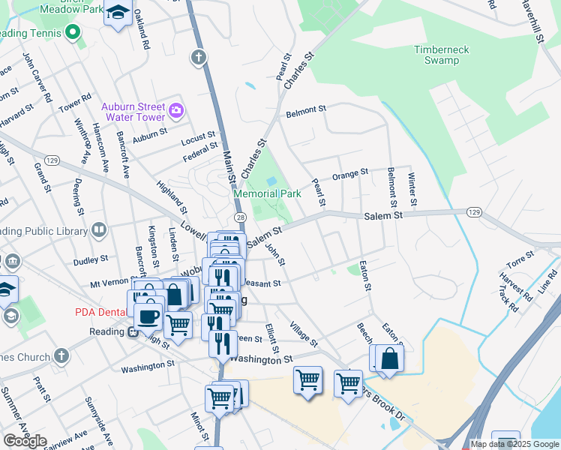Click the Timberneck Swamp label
(442, 55)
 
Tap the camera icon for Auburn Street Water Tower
(176, 111)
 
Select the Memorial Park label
(267, 193)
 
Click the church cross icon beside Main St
(199, 57)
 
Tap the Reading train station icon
(133, 331)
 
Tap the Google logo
(25, 441)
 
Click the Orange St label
(350, 172)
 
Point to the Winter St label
(412, 190)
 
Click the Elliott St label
(271, 338)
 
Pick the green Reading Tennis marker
(73, 32)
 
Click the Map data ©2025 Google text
(515, 444)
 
